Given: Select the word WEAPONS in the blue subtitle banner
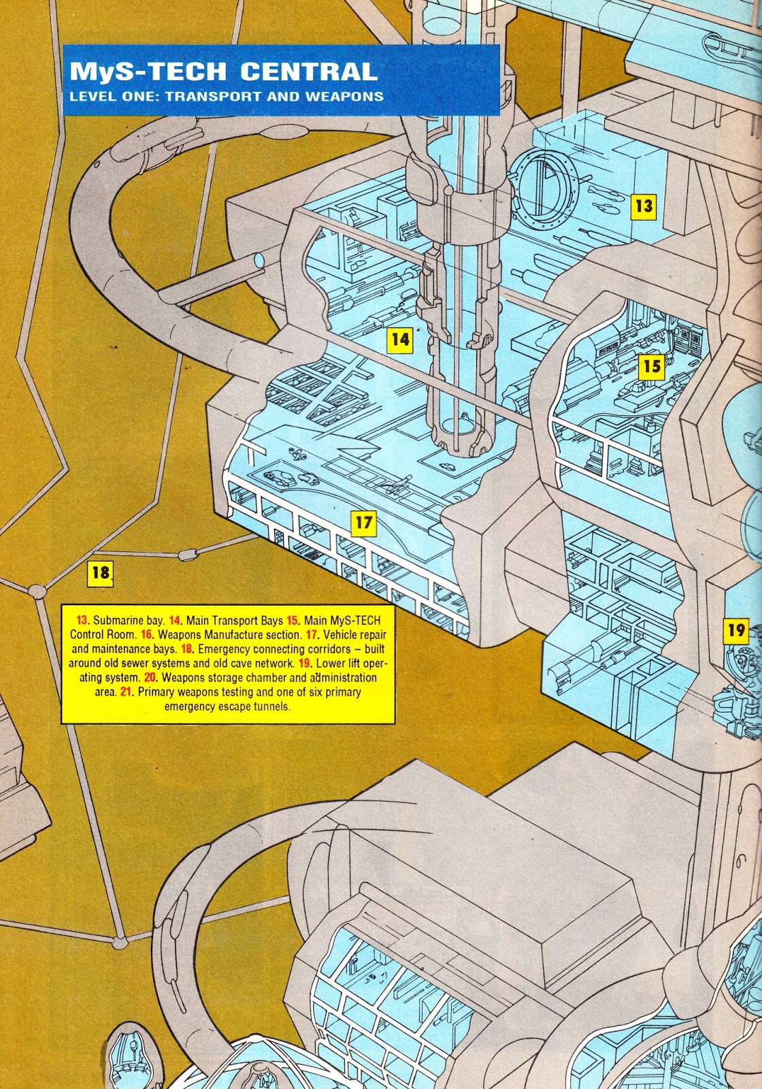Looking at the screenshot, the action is (x=344, y=96).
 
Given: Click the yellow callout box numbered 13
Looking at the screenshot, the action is (x=643, y=205).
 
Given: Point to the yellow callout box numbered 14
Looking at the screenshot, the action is (x=400, y=338).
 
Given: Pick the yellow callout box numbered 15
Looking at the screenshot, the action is (x=652, y=366).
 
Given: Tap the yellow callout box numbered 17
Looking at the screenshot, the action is (x=364, y=522).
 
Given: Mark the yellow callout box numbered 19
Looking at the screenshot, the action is (x=736, y=630).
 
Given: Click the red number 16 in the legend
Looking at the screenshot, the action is (x=146, y=634).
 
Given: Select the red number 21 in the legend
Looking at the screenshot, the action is (x=126, y=692).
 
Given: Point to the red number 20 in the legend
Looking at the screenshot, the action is (x=150, y=677).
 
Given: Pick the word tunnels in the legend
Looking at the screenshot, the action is (x=271, y=706).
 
